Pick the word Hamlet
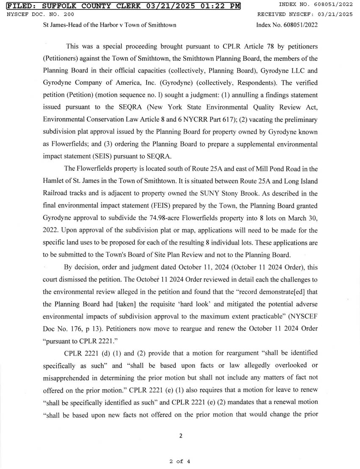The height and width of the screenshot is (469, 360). [54, 181]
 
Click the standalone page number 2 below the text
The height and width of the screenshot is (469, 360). [180, 436]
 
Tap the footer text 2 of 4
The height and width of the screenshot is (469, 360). [180, 461]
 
